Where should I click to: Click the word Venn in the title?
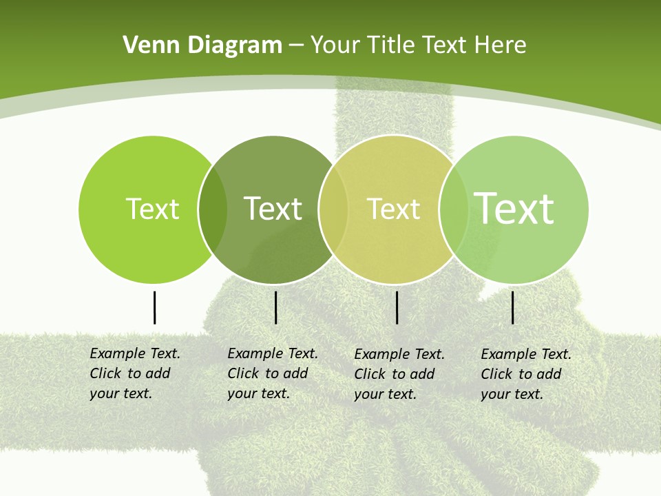tap(147, 45)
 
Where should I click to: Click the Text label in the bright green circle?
tap(152, 209)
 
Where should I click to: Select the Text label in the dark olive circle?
tap(273, 209)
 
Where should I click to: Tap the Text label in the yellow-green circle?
tap(393, 209)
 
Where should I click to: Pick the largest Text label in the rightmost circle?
tap(514, 208)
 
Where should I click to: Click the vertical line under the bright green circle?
tap(154, 307)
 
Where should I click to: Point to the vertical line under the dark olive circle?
tap(275, 307)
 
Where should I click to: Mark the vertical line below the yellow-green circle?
tap(397, 307)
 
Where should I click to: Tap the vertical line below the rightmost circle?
tap(513, 307)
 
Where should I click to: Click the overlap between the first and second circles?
tap(213, 209)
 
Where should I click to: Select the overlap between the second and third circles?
tap(333, 209)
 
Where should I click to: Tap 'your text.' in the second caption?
tap(258, 393)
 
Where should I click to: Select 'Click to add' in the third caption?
tap(395, 374)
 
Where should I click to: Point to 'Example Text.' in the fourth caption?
tap(526, 354)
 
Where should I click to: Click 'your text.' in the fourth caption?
tap(512, 394)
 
